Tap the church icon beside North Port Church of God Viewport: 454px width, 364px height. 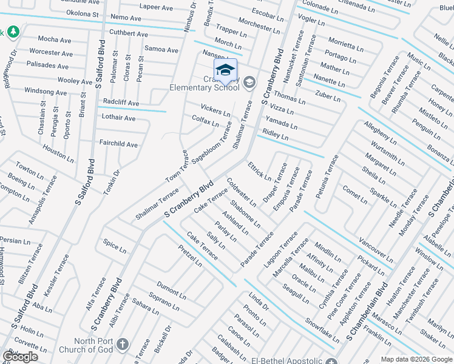coord(122,345)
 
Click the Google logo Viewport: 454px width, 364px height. coord(21,357)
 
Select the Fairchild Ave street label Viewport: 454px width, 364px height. coord(118,144)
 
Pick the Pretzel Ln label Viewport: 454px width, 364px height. coord(190,255)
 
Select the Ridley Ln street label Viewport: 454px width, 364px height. coord(275,133)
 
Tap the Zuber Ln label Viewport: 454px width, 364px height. coord(328,95)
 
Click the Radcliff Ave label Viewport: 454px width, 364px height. coord(121,103)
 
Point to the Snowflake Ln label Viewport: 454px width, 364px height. coord(322,329)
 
